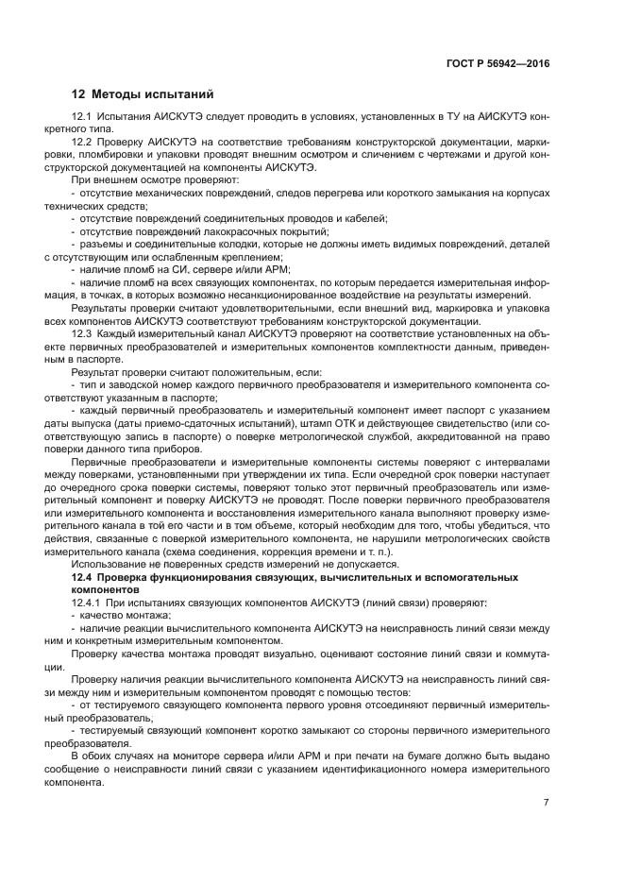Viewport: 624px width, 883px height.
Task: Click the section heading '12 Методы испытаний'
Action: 143,94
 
